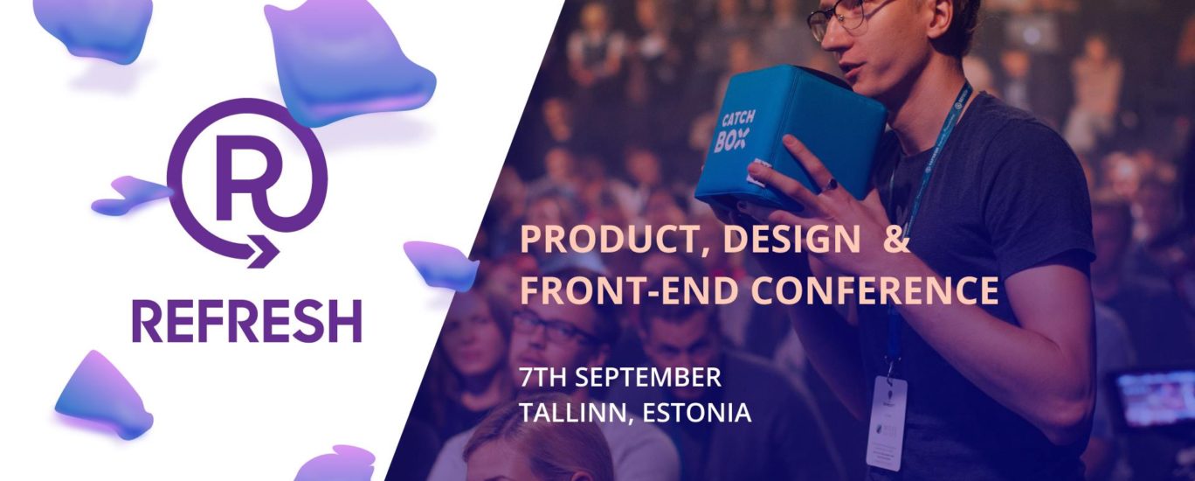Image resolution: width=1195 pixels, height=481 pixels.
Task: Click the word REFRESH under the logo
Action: pyautogui.click(x=247, y=321)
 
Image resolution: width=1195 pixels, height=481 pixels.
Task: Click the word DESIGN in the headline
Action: pyautogui.click(x=791, y=240)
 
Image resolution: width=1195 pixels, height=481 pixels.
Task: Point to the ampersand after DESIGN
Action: pyautogui.click(x=896, y=240)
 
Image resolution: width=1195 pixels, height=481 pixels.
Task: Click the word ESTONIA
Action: pyautogui.click(x=697, y=413)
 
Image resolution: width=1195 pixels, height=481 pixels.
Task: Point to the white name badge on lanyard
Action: pyautogui.click(x=886, y=422)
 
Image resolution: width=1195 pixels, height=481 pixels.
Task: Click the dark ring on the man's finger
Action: pyautogui.click(x=831, y=185)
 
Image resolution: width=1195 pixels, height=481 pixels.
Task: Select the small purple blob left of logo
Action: pyautogui.click(x=132, y=195)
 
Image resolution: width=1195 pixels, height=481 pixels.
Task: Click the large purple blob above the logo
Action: pyautogui.click(x=347, y=62)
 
